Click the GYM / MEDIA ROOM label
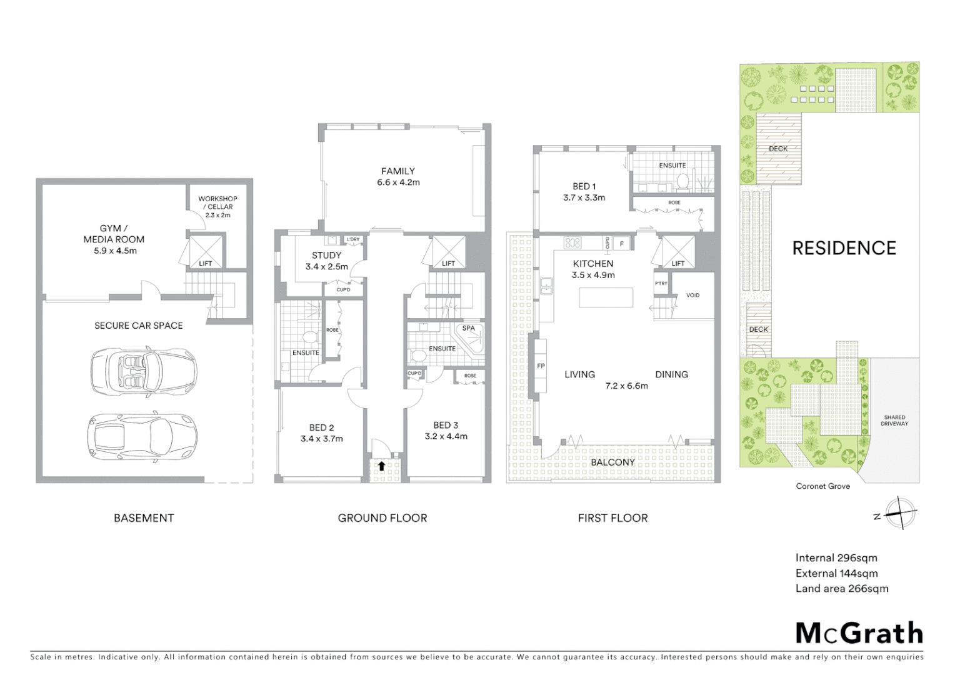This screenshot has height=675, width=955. point(114,239)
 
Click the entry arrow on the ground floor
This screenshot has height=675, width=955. point(381,466)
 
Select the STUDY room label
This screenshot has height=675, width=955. point(326,255)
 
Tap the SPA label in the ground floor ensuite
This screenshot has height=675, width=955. point(469,328)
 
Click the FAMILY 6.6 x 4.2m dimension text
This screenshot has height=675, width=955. point(398,182)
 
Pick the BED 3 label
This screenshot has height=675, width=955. point(446,425)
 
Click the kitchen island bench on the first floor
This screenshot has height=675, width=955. point(606,297)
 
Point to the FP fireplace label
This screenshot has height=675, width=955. point(541,366)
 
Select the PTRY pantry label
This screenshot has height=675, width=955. point(661,284)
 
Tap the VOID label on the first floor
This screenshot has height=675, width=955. point(692,295)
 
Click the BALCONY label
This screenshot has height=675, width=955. point(612,462)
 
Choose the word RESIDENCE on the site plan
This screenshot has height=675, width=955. point(844,248)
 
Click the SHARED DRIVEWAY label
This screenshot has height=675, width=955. point(894,421)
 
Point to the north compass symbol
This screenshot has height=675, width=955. point(900,514)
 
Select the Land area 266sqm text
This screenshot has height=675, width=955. point(841,588)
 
